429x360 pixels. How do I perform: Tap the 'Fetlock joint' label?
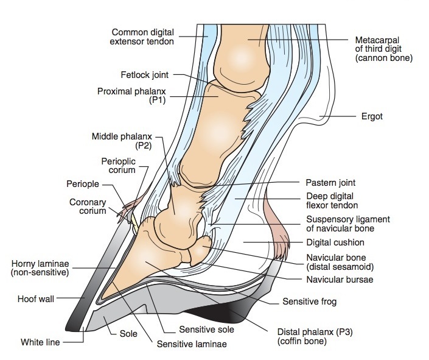coord(145,76)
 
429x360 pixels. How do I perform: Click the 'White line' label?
coord(40,342)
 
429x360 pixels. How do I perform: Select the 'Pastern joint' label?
coord(330,182)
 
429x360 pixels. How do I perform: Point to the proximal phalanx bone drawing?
coord(205,131)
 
